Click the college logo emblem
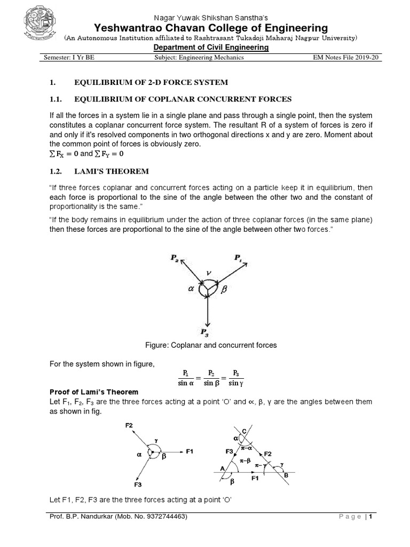(x=38, y=24)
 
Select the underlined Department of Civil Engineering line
(x=211, y=48)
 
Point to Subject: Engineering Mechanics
(x=199, y=58)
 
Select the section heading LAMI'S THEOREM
(x=113, y=170)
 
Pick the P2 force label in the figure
(x=175, y=257)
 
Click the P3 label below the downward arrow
(x=205, y=332)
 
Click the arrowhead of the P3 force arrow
(x=206, y=323)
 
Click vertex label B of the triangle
(x=286, y=474)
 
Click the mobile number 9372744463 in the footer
(x=163, y=517)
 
